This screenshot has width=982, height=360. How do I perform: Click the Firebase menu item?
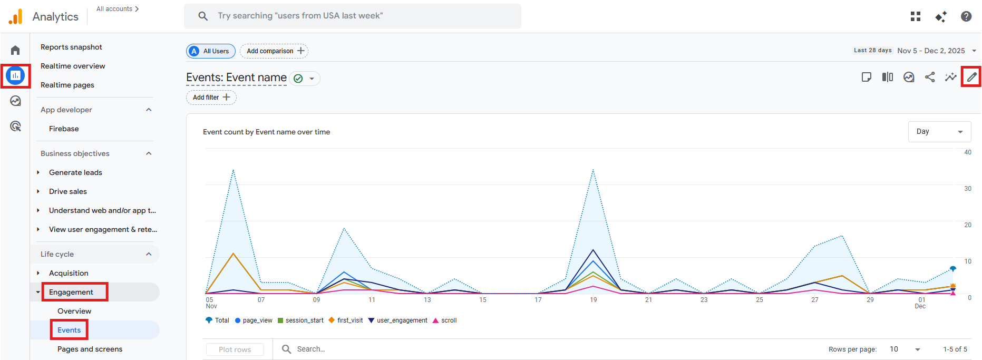tap(64, 129)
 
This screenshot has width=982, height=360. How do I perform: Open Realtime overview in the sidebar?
tap(73, 66)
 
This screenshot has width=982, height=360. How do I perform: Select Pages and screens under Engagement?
tap(90, 349)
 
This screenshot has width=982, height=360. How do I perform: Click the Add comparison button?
tap(274, 51)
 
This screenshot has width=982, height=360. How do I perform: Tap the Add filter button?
tap(211, 98)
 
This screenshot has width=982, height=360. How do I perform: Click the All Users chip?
tap(211, 51)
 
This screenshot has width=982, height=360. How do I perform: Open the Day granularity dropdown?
tap(939, 132)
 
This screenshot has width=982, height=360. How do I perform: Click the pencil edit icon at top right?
tap(971, 77)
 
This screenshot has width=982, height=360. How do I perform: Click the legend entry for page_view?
tap(254, 320)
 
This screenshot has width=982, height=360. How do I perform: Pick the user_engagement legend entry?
tap(398, 320)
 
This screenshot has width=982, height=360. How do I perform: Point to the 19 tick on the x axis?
tap(594, 300)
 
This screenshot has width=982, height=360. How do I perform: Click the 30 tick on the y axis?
tap(968, 189)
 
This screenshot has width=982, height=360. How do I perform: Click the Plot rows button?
tap(235, 349)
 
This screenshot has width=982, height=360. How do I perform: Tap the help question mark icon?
tap(966, 16)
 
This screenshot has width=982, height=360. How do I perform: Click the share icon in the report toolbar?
tap(930, 77)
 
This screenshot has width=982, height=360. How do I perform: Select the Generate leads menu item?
tap(75, 172)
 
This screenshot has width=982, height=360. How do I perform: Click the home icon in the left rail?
tap(15, 50)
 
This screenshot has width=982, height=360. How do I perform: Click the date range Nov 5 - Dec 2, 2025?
tap(931, 51)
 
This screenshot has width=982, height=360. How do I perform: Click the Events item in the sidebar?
tap(69, 330)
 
